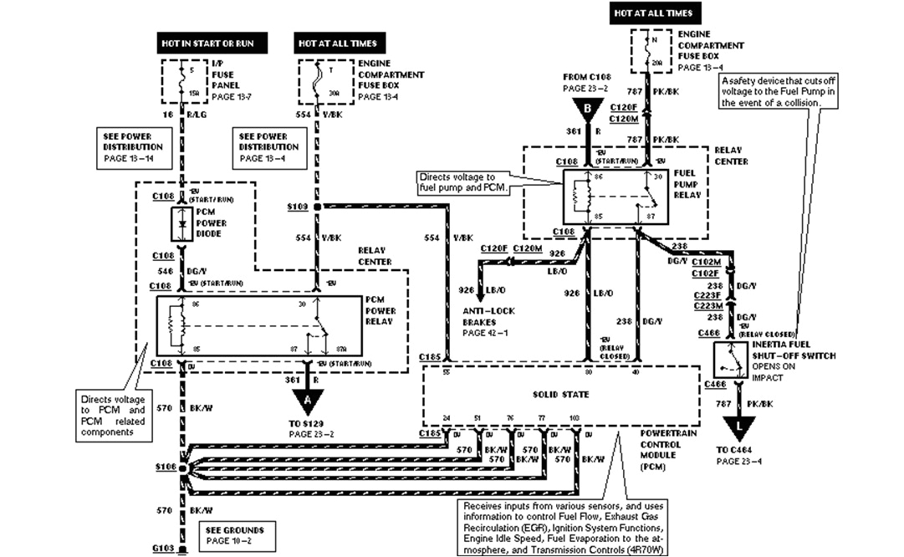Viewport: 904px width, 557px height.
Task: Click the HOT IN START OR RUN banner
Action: tap(207, 42)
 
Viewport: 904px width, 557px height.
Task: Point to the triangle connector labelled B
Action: tap(588, 107)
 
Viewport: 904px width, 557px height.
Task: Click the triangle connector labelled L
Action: tap(738, 427)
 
